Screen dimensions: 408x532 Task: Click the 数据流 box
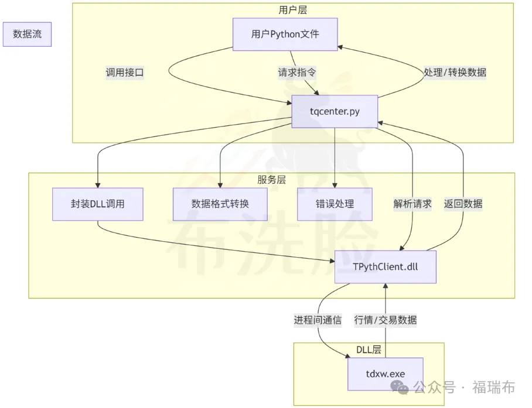pyautogui.click(x=27, y=35)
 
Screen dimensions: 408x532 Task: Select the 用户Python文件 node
pyautogui.click(x=285, y=35)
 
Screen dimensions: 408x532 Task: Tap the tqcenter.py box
pyautogui.click(x=335, y=112)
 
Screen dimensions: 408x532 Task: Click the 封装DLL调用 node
pyautogui.click(x=97, y=204)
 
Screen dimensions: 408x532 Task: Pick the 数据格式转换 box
pyautogui.click(x=220, y=204)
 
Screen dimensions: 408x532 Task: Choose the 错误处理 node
pyautogui.click(x=335, y=204)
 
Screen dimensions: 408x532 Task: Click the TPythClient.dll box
pyautogui.click(x=386, y=267)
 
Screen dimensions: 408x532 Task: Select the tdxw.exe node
pyautogui.click(x=385, y=374)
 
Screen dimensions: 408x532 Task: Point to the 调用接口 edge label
pyautogui.click(x=124, y=73)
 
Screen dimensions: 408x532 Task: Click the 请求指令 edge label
pyautogui.click(x=297, y=73)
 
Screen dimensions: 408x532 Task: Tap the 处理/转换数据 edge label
pyautogui.click(x=455, y=73)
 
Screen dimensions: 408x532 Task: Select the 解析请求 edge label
pyautogui.click(x=412, y=204)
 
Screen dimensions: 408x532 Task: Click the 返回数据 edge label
pyautogui.click(x=463, y=204)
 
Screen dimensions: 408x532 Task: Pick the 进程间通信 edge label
pyautogui.click(x=318, y=320)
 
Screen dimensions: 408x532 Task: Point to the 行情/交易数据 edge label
pyautogui.click(x=386, y=320)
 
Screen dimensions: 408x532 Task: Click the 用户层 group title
pyautogui.click(x=292, y=10)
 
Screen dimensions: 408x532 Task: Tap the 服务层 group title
pyautogui.click(x=272, y=180)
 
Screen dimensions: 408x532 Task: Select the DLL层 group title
pyautogui.click(x=369, y=350)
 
